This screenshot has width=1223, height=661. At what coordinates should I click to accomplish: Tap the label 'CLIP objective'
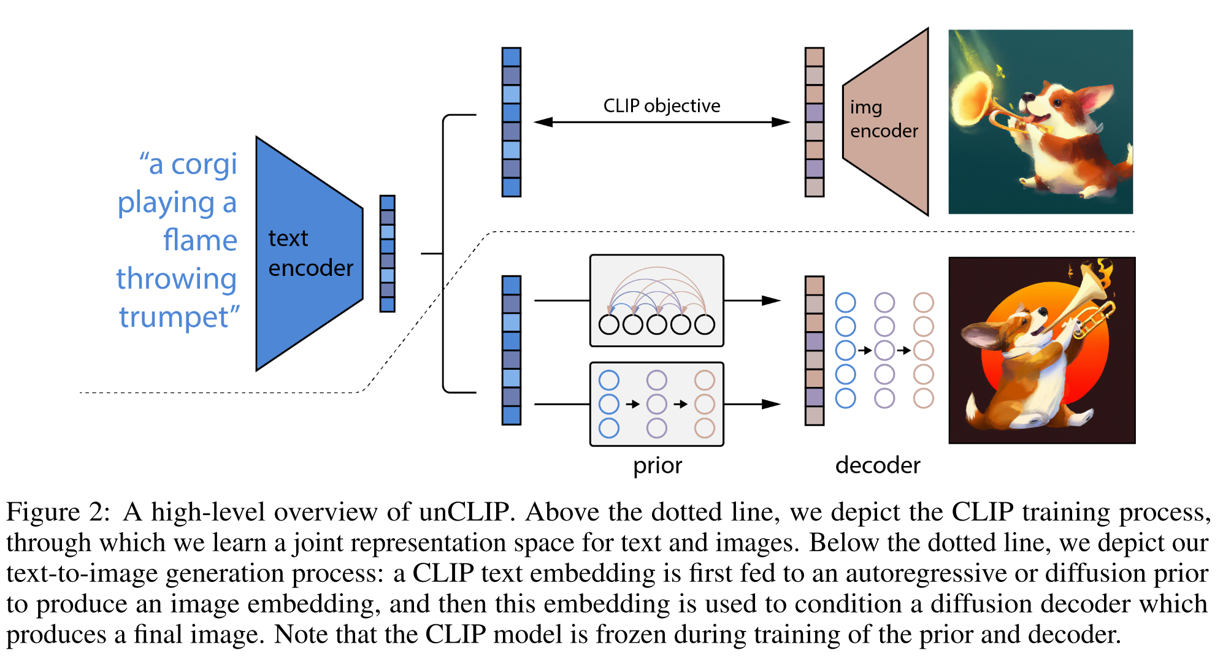pyautogui.click(x=661, y=105)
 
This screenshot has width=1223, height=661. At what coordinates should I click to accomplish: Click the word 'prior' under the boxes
pyautogui.click(x=657, y=465)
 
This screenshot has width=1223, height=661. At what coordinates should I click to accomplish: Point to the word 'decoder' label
pyautogui.click(x=877, y=465)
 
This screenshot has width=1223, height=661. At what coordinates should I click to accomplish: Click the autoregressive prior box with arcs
pyautogui.click(x=656, y=300)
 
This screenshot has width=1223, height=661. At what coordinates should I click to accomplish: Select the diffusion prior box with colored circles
pyautogui.click(x=656, y=404)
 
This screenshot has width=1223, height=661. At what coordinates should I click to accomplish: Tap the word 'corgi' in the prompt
pyautogui.click(x=204, y=164)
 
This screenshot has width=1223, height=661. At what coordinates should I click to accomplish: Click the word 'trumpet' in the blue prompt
pyautogui.click(x=174, y=317)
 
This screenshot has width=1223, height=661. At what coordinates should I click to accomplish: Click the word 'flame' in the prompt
pyautogui.click(x=200, y=240)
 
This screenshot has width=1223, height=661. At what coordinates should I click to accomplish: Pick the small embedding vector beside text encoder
pyautogui.click(x=387, y=253)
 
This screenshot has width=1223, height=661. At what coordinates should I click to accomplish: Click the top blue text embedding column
pyautogui.click(x=511, y=122)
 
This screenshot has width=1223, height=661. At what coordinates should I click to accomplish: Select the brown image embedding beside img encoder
pyautogui.click(x=814, y=122)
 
